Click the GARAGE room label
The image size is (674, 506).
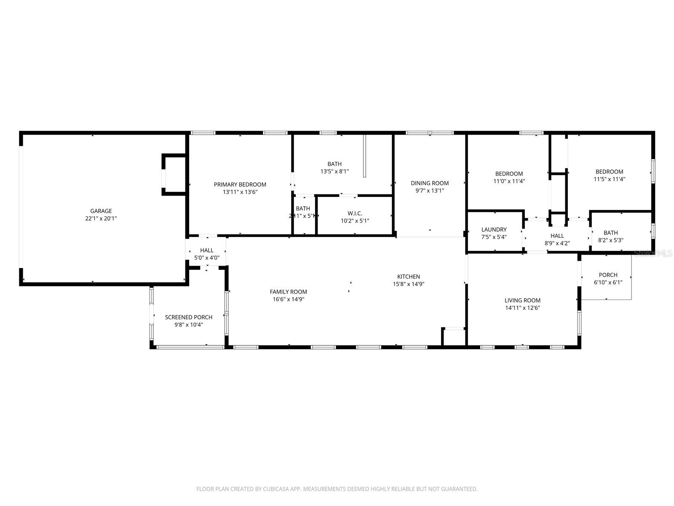pos(101,211)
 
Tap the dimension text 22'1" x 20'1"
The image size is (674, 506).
pos(101,218)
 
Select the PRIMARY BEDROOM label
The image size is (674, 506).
pos(240,184)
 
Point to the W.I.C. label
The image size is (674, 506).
pos(355,213)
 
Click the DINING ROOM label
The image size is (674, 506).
pos(430,183)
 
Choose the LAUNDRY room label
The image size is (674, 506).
pos(494,229)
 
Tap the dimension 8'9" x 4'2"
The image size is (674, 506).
pos(557,243)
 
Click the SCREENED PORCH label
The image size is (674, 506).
pos(189,317)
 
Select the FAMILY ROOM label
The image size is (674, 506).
pos(289,292)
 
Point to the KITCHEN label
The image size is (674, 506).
pos(408,277)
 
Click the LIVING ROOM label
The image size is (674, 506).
pos(522,300)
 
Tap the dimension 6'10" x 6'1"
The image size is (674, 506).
pos(608,283)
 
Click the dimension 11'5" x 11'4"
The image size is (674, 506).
pos(609,179)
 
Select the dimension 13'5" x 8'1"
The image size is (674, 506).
pos(334,171)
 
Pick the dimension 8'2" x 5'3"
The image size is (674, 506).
pos(610,240)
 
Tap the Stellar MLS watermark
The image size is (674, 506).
pos(653,253)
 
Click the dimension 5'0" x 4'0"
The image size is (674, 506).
pos(207,258)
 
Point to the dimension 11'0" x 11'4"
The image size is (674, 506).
pos(509,181)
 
